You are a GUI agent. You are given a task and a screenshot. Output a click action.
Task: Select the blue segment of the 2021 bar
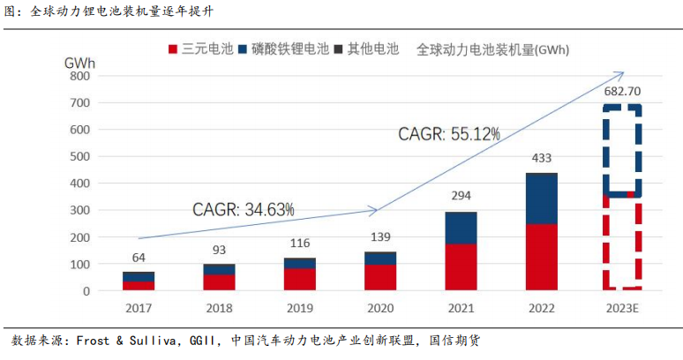(x=460, y=228)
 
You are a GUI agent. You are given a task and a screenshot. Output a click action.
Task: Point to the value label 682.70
(x=621, y=91)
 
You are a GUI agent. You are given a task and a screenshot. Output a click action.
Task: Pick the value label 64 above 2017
(x=139, y=258)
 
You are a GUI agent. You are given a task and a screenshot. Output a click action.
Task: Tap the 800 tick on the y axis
(x=79, y=76)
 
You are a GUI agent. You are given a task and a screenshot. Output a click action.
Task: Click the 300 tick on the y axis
(x=79, y=210)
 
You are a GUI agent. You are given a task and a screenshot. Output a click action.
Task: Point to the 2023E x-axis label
(x=621, y=308)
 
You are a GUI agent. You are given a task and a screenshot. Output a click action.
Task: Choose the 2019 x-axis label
(x=299, y=308)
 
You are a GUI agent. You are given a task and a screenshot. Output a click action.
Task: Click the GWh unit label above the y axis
(x=80, y=62)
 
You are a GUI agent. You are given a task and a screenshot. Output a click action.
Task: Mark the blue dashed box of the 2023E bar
(x=621, y=150)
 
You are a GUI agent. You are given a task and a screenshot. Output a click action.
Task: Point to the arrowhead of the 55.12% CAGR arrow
(x=621, y=74)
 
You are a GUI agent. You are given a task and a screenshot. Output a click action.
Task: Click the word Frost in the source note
(x=93, y=341)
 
